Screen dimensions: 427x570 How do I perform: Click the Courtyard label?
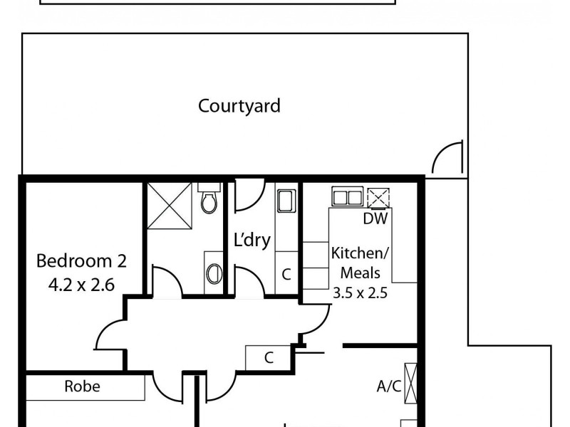(239, 106)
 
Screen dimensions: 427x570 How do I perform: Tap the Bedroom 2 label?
(81, 261)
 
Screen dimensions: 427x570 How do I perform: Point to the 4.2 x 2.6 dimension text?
(81, 285)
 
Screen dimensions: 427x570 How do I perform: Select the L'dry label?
(252, 241)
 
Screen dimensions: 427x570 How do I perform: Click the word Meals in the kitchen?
(360, 273)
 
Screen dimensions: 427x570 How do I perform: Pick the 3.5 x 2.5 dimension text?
(360, 292)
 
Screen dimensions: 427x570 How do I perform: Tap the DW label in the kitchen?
(375, 219)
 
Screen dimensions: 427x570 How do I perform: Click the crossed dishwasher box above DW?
(378, 197)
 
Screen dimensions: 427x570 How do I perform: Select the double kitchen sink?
(348, 196)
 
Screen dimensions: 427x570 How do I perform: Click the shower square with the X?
(169, 206)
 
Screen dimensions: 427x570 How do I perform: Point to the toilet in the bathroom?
(208, 201)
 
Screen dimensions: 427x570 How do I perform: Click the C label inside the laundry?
(286, 274)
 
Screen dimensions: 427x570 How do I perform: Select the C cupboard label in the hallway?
(269, 358)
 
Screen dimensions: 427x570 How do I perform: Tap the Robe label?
(82, 387)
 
